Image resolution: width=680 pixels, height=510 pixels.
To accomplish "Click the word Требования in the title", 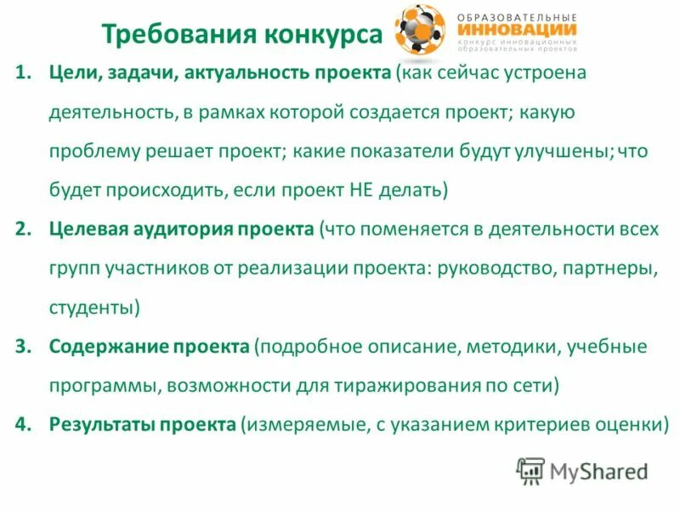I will click(x=165, y=35).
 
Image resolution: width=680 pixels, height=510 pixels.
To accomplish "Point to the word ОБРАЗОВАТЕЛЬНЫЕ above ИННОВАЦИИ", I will click(x=517, y=17).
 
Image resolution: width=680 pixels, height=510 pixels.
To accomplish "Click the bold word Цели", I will click(x=71, y=74).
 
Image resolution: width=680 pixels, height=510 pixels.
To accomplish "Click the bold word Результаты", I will click(x=100, y=423).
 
